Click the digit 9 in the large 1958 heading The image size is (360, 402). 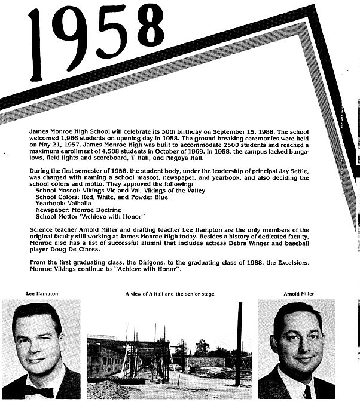pyautogui.click(x=74, y=35)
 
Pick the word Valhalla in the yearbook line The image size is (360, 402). pyautogui.click(x=80, y=203)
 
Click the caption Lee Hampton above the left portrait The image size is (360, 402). pyautogui.click(x=41, y=294)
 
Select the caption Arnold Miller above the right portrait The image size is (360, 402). pyautogui.click(x=299, y=294)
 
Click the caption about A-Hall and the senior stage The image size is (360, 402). pyautogui.click(x=170, y=294)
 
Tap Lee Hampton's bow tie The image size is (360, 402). pyautogui.click(x=39, y=391)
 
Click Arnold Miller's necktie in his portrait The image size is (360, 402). pyautogui.click(x=307, y=392)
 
